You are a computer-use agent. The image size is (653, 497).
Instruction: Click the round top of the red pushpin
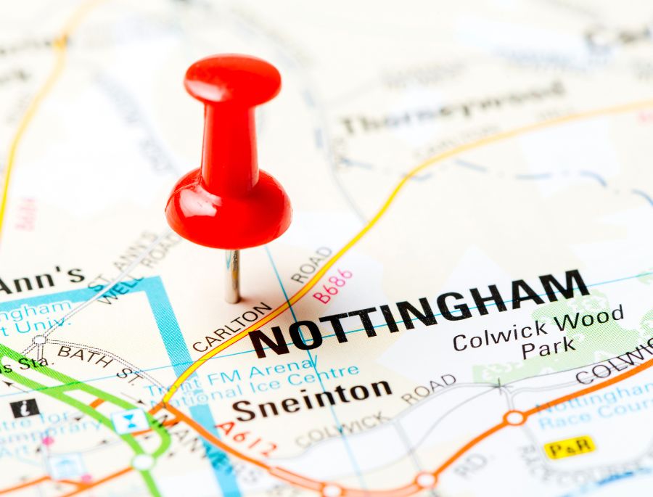click(x=232, y=78)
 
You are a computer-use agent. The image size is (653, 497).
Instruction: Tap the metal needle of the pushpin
click(x=232, y=276)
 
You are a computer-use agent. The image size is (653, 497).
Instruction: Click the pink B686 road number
click(x=333, y=286)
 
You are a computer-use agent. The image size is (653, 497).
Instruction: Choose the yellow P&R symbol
click(x=570, y=448)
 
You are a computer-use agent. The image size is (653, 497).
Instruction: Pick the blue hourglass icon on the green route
click(x=130, y=421)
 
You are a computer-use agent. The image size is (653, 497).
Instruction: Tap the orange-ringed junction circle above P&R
click(x=514, y=418)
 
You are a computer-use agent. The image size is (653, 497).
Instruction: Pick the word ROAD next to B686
click(x=312, y=265)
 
